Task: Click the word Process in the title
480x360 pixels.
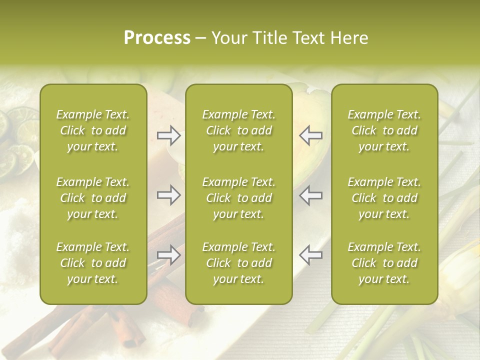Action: (x=157, y=38)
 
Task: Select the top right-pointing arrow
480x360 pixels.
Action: (x=168, y=135)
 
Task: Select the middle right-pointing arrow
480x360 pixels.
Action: (x=168, y=195)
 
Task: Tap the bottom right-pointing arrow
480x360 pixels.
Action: (x=168, y=255)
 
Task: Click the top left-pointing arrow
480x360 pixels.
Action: (x=311, y=135)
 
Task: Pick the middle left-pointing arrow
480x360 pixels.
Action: (x=311, y=195)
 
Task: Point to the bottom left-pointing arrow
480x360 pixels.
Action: (x=311, y=255)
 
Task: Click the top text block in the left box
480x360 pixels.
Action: (x=93, y=130)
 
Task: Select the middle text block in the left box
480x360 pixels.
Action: (x=93, y=198)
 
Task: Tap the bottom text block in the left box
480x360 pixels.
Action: (x=93, y=263)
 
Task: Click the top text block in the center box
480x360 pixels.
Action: (x=238, y=130)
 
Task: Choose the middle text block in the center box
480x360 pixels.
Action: (x=238, y=198)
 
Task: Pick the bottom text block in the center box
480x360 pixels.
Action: (x=238, y=263)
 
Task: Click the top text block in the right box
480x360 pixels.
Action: (x=384, y=130)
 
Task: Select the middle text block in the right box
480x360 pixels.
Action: (x=384, y=198)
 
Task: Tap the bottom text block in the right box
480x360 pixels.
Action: (x=384, y=263)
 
